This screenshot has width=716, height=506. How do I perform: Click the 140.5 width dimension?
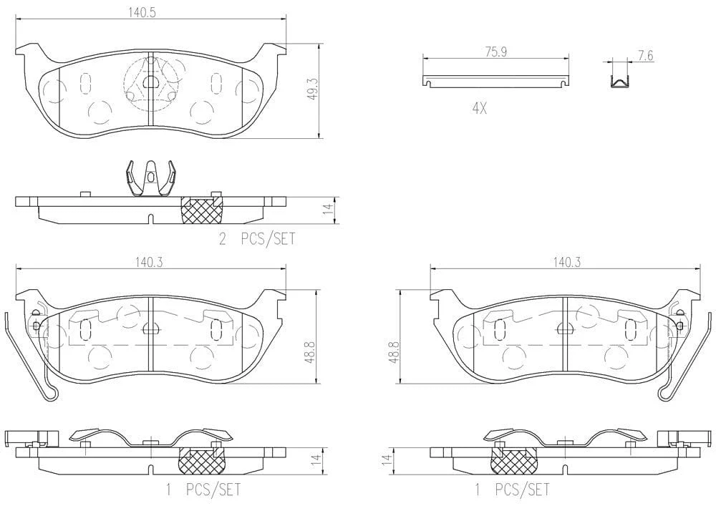click(x=142, y=12)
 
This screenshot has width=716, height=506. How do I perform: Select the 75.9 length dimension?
click(x=496, y=52)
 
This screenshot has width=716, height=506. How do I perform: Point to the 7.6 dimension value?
click(x=646, y=56)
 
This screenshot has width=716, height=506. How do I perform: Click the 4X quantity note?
click(x=480, y=109)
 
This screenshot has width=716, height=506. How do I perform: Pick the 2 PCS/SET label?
click(x=257, y=238)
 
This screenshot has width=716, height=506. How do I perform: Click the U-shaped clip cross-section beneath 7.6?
click(x=621, y=81)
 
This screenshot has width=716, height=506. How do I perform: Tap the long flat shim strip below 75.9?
click(x=495, y=80)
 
